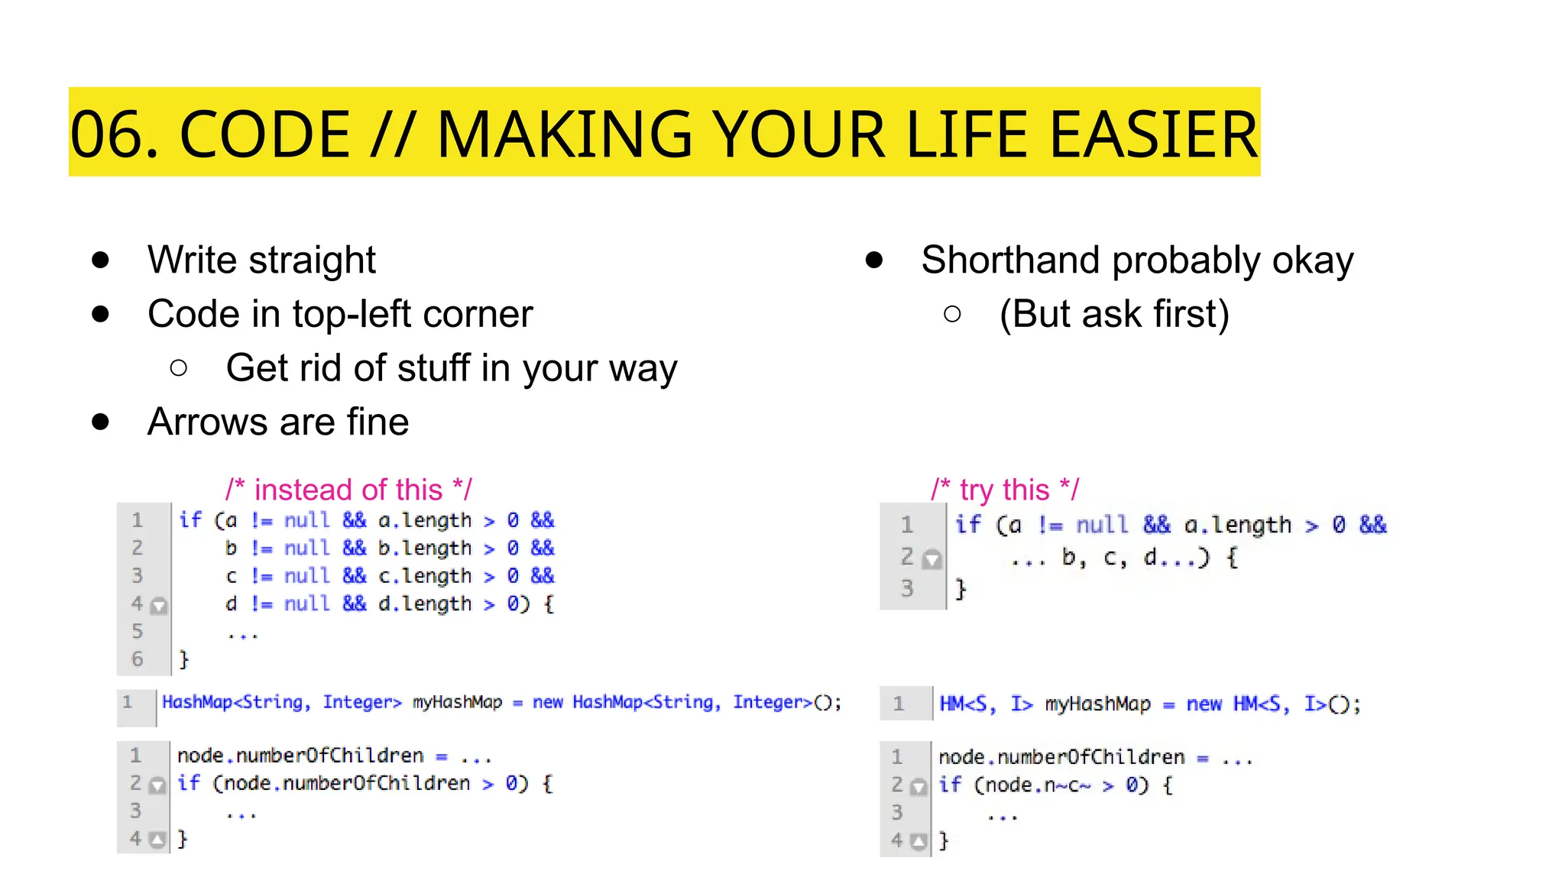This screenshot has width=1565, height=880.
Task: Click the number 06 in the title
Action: click(x=113, y=134)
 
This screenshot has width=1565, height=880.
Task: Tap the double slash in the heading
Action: click(x=393, y=134)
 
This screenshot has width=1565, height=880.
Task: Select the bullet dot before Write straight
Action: click(x=100, y=260)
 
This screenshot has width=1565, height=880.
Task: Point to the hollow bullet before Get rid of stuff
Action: click(x=179, y=368)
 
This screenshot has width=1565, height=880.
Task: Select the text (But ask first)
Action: click(x=1114, y=314)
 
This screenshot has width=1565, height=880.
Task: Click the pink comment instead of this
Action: click(x=348, y=490)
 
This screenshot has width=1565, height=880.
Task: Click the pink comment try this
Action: click(x=1004, y=490)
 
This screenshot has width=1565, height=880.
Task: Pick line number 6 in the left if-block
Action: click(x=138, y=658)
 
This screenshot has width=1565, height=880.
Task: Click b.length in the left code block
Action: click(x=425, y=548)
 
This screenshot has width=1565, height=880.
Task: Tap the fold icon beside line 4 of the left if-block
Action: click(x=159, y=607)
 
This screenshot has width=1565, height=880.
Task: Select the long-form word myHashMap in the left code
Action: click(x=457, y=703)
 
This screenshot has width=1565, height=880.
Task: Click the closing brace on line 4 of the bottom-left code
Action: click(x=182, y=839)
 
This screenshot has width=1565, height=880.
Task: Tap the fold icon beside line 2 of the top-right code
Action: click(x=932, y=560)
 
